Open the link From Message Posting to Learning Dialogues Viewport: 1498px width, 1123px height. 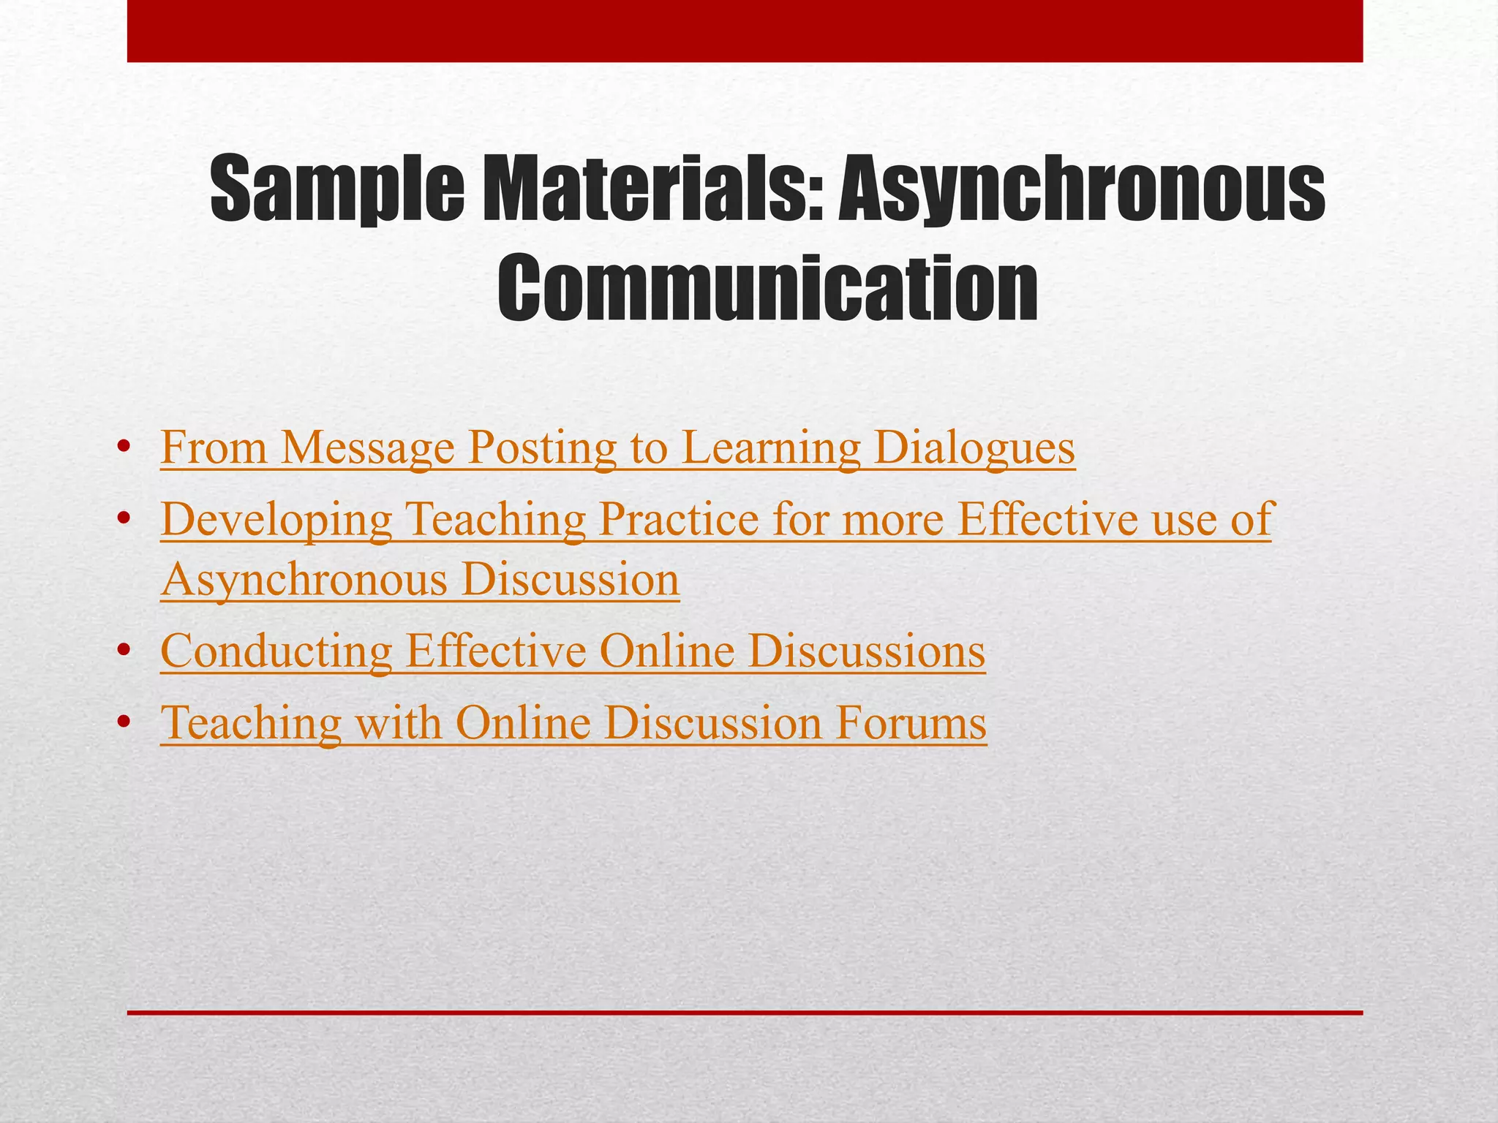click(617, 447)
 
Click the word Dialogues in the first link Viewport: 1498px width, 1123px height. click(974, 447)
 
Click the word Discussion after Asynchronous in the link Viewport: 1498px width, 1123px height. click(571, 580)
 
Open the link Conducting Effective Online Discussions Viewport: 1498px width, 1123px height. click(573, 651)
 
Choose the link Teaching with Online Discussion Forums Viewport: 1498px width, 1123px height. click(573, 722)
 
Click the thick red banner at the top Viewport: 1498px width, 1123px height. click(745, 31)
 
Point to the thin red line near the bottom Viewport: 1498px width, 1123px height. click(745, 1013)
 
